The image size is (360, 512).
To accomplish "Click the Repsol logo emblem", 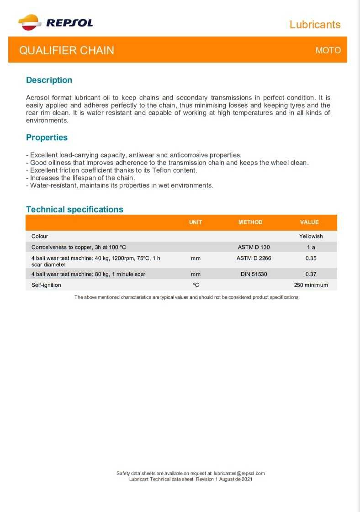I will pyautogui.click(x=29, y=22).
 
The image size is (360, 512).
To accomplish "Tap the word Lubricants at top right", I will pyautogui.click(x=315, y=25).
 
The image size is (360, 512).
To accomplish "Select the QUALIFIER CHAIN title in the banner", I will pyautogui.click(x=67, y=50).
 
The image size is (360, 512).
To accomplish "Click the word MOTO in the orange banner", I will pyautogui.click(x=328, y=50).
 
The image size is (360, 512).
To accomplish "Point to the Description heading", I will pyautogui.click(x=49, y=80).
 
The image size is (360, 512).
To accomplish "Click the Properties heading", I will pyautogui.click(x=47, y=137).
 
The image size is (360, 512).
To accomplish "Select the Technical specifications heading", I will pyautogui.click(x=74, y=210).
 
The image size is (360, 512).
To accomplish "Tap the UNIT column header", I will pyautogui.click(x=196, y=222).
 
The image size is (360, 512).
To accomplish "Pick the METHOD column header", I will pyautogui.click(x=250, y=222).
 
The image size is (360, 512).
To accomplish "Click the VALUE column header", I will pyautogui.click(x=309, y=222).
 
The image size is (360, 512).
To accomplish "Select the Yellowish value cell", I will pyautogui.click(x=311, y=237).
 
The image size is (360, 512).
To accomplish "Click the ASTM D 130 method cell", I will pyautogui.click(x=254, y=247).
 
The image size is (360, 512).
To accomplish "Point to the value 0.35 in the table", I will pyautogui.click(x=311, y=258).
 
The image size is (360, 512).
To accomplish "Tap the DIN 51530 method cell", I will pyautogui.click(x=254, y=274).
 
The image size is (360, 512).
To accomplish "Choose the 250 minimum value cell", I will pyautogui.click(x=311, y=285).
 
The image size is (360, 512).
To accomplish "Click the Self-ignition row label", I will pyautogui.click(x=46, y=285).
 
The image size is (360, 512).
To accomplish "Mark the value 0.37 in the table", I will pyautogui.click(x=311, y=274).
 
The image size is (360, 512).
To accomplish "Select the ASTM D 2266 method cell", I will pyautogui.click(x=254, y=258).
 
